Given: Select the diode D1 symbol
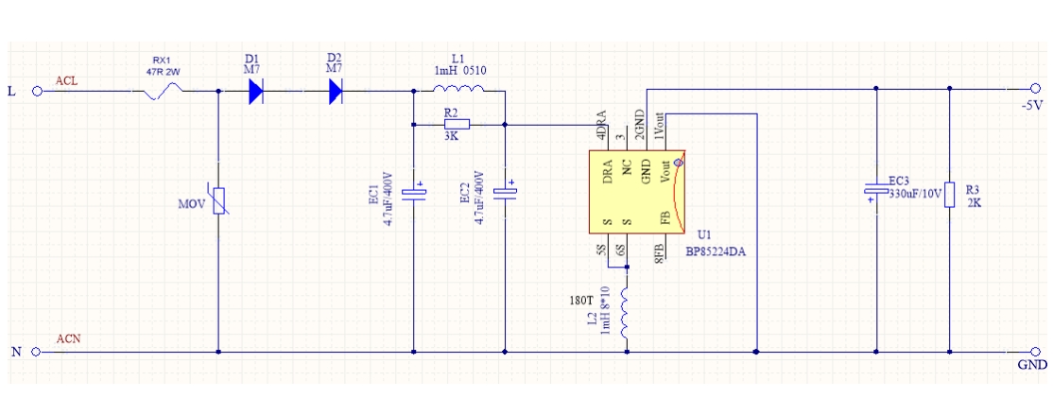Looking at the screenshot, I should coord(255,92).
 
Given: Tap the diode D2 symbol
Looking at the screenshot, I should coord(335,92).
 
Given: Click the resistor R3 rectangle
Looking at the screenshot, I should coord(948,194).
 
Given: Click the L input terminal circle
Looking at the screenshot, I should coord(37,92).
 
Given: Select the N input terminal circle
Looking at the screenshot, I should coord(37,353).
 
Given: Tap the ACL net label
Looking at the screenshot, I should coord(66,81).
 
